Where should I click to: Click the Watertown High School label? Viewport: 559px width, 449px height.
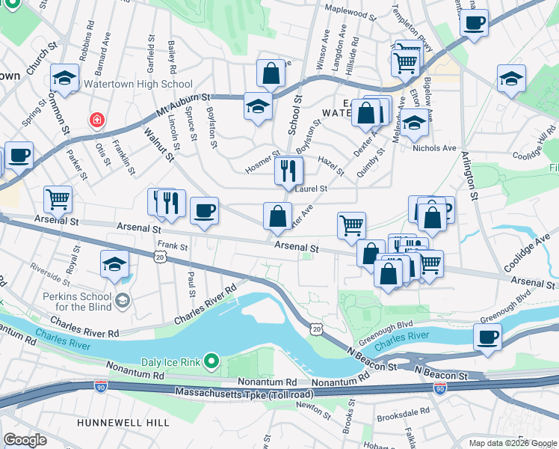click(143, 85)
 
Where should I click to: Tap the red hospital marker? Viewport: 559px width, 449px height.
click(96, 120)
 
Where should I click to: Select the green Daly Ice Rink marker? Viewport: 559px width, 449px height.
click(211, 362)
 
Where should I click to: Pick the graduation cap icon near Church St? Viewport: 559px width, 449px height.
click(65, 78)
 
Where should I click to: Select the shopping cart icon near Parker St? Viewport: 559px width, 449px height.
click(58, 198)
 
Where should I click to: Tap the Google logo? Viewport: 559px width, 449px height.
click(25, 440)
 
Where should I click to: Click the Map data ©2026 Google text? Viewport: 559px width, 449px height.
click(512, 443)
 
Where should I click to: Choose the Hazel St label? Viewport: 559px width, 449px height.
click(330, 167)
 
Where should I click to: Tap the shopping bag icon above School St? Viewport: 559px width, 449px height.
click(270, 73)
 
